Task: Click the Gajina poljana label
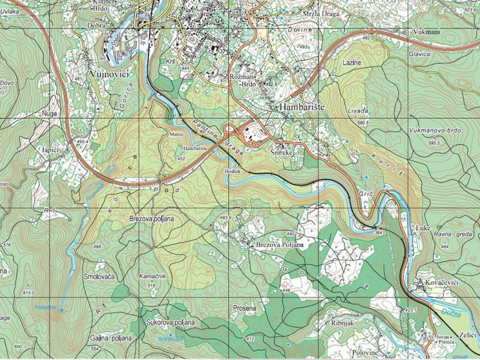tap(111, 338)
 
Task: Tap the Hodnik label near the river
tap(232, 171)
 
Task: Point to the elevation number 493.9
tap(226, 217)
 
